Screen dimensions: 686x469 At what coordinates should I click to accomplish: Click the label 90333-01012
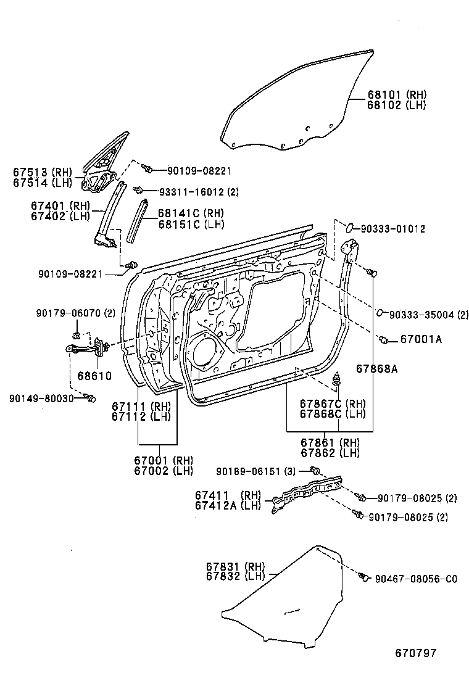coord(392,229)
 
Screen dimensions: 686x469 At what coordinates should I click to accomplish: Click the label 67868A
coord(376,369)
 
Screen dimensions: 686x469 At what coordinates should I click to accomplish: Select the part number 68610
coord(94,376)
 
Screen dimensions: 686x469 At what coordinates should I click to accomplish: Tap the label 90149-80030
coord(41,399)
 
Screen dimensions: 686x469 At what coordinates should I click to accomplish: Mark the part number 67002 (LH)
coord(164,471)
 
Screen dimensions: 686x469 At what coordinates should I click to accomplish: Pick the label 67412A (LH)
coord(228,506)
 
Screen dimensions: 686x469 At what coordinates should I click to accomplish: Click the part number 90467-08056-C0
coord(417,579)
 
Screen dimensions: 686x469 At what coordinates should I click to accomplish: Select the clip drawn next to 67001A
coord(384,339)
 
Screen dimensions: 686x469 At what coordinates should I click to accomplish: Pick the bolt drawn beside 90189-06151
coord(315,471)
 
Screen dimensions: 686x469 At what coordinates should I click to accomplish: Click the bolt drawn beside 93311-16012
coord(140,191)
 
